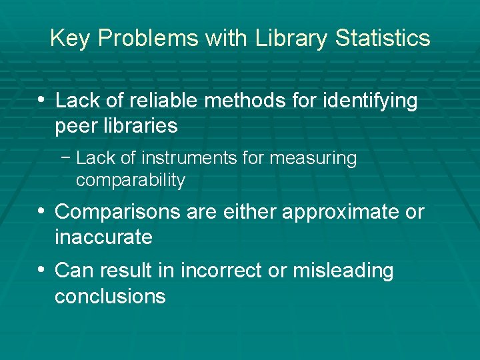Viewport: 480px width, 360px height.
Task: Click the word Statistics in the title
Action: pos(383,38)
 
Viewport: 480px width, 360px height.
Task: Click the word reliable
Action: pos(160,101)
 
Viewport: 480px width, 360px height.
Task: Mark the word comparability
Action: pos(131,180)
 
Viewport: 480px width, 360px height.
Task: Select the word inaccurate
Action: pos(103,237)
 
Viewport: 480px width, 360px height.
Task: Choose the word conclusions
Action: pos(110,296)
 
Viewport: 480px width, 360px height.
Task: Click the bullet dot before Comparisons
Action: pos(41,211)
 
